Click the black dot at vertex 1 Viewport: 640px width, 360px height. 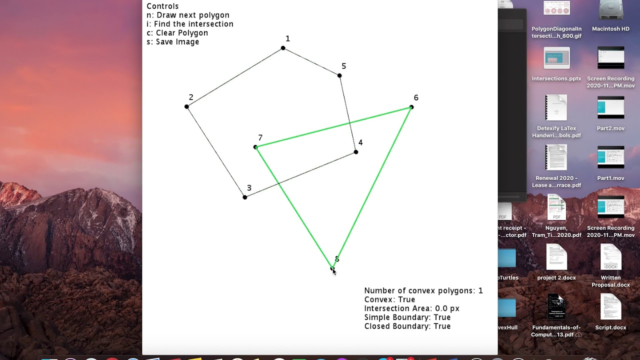point(283,48)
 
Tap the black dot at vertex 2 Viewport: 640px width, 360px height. point(186,106)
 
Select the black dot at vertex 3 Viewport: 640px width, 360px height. point(245,197)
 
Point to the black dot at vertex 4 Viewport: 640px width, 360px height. point(356,152)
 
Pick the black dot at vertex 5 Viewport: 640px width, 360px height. point(339,75)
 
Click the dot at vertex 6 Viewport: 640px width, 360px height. point(411,107)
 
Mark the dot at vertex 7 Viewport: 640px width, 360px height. point(255,147)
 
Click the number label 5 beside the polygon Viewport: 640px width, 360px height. point(343,66)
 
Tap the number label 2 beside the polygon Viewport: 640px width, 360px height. point(191,97)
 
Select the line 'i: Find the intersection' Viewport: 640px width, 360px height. point(189,24)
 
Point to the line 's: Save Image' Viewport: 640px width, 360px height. point(172,42)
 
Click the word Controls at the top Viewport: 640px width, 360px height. point(162,6)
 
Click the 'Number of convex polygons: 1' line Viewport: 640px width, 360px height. point(423,290)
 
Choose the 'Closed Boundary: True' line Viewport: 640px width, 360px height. point(407,326)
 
